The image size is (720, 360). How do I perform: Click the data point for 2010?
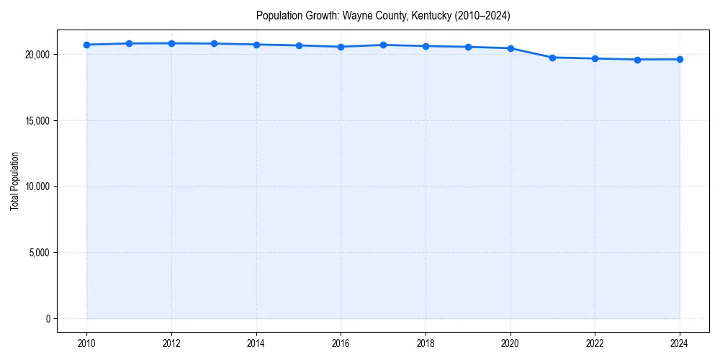click(86, 45)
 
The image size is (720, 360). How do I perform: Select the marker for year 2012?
click(171, 43)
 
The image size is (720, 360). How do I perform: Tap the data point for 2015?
click(299, 45)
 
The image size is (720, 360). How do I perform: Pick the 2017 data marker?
click(383, 45)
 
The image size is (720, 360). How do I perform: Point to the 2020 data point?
click(510, 48)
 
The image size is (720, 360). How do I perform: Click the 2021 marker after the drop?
click(552, 58)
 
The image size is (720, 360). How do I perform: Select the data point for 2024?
click(680, 59)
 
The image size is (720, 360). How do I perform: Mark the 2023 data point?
click(637, 60)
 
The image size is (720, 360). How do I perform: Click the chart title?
click(383, 16)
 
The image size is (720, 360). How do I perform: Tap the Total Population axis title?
click(14, 181)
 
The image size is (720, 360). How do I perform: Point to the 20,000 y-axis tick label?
click(35, 55)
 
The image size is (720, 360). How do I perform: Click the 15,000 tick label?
click(35, 120)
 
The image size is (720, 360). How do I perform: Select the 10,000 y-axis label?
click(35, 186)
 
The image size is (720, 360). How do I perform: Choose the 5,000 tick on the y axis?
click(37, 253)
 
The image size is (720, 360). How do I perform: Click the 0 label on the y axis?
click(47, 318)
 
